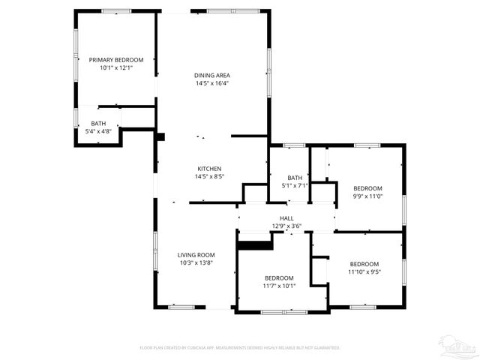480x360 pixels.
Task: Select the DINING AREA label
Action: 211,75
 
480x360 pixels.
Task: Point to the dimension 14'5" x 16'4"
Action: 211,83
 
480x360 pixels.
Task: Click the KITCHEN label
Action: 209,168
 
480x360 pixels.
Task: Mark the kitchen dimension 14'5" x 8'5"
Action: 209,176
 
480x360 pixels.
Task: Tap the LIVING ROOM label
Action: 196,255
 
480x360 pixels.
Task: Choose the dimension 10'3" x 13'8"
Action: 196,263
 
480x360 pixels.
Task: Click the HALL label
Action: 286,217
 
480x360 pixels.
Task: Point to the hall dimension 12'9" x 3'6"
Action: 286,226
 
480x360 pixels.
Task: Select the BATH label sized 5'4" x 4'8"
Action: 98,124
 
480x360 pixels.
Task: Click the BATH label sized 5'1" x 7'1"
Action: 295,178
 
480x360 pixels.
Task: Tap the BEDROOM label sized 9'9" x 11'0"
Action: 367,187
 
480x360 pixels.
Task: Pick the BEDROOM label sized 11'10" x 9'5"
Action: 364,264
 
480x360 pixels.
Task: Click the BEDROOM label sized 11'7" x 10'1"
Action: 279,277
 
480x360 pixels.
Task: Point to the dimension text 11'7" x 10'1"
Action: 279,286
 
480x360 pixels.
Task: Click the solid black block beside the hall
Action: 254,243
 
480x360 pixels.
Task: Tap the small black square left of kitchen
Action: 160,136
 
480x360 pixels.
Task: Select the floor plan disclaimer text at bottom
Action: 240,348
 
